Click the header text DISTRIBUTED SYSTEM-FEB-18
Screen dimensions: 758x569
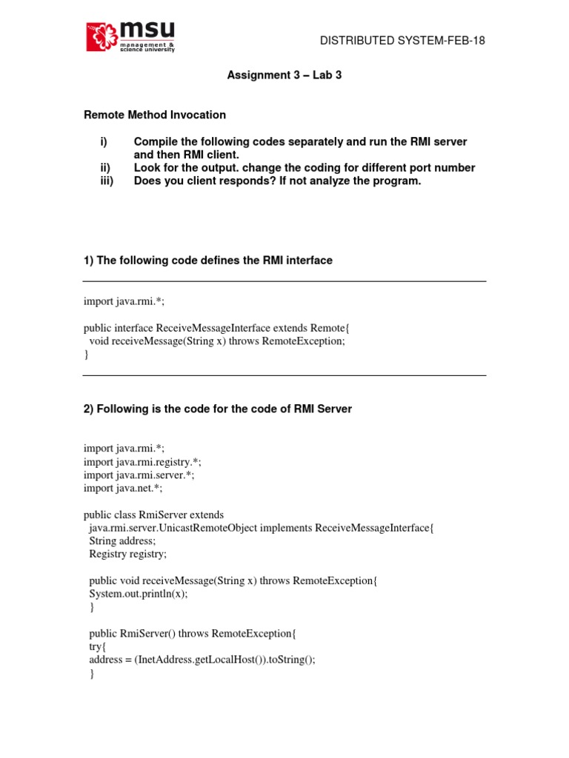point(402,41)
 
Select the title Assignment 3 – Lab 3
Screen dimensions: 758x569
point(284,76)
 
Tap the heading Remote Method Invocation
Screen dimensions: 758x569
point(154,115)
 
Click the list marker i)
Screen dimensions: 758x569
point(104,141)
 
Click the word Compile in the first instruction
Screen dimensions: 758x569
point(156,141)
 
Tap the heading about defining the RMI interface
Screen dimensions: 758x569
point(207,260)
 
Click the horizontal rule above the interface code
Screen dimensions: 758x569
point(284,281)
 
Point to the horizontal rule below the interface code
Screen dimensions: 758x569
point(284,375)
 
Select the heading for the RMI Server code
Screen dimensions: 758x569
point(217,409)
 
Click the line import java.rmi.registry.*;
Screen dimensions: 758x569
point(142,462)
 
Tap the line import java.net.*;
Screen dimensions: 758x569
point(123,489)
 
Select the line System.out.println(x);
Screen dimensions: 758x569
point(138,594)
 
